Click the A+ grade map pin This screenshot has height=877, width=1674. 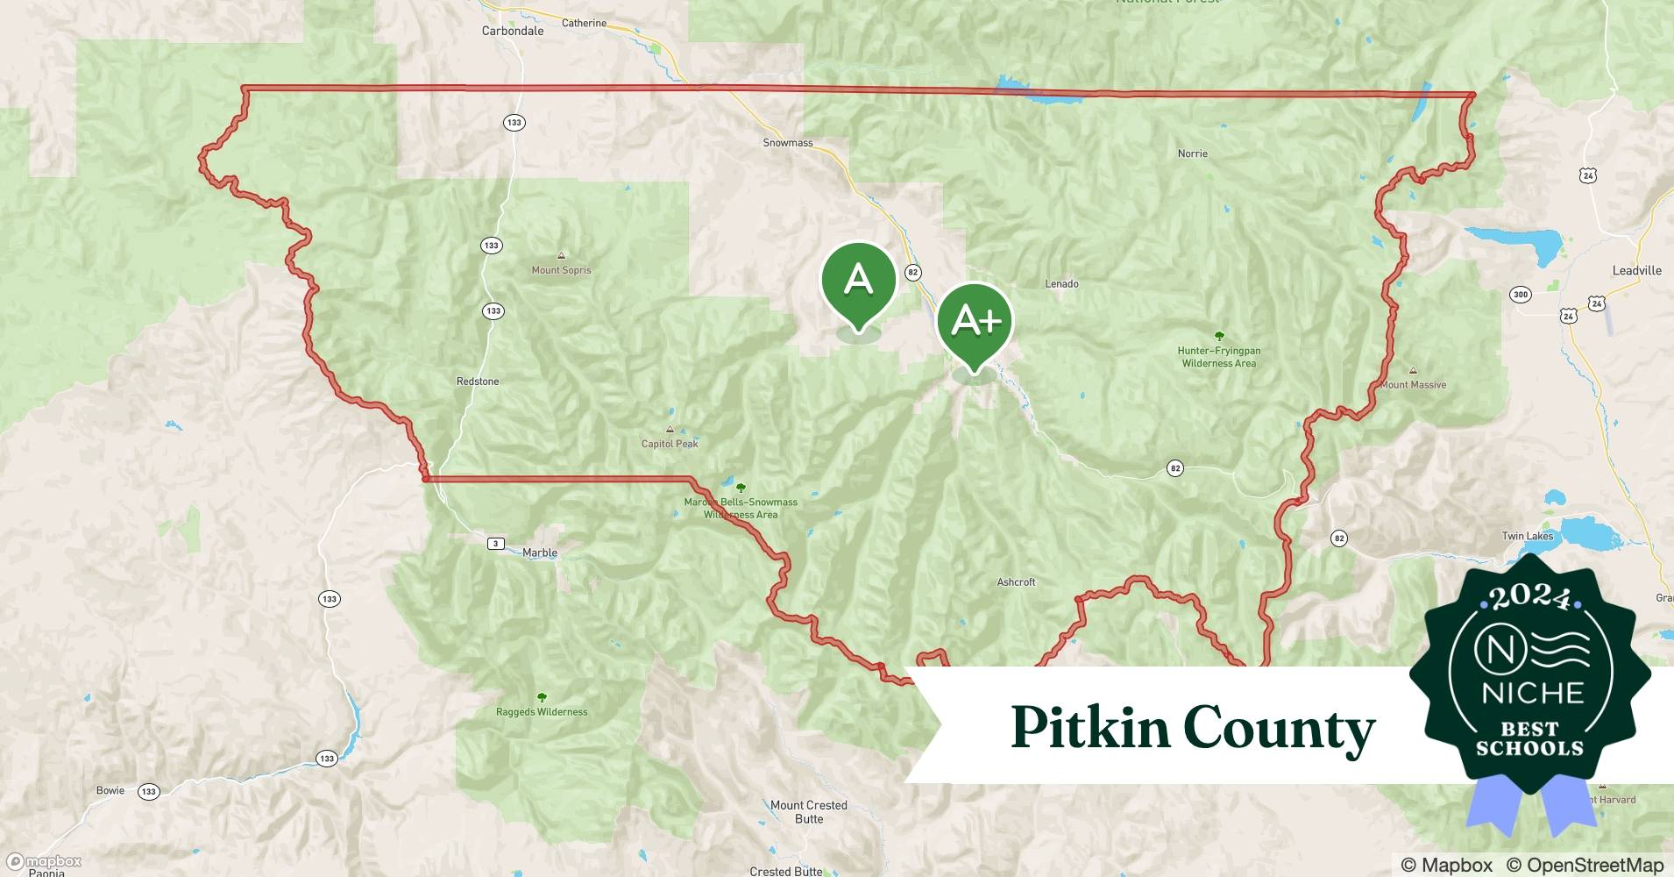point(975,321)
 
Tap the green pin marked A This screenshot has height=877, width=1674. point(858,281)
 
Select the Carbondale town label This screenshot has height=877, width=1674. point(513,31)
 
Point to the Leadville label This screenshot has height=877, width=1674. point(1636,270)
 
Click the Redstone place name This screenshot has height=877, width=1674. point(478,381)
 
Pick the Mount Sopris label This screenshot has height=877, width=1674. point(561,270)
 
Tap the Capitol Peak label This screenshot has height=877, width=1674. point(670,444)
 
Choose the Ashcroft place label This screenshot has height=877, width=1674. point(1016,582)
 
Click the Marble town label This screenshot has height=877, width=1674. point(540,553)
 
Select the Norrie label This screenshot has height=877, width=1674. point(1192,153)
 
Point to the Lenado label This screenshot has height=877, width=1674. point(1061,284)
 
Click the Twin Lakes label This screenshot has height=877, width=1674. point(1527,536)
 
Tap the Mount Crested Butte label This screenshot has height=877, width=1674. point(809,812)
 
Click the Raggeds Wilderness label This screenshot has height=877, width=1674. point(542,712)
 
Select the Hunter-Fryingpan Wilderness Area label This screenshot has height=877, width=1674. point(1219,357)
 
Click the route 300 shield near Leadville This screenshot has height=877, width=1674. point(1521,295)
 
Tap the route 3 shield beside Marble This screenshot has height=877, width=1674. point(496,544)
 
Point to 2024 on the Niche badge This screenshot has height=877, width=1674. point(1530,596)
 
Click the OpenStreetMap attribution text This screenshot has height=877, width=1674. point(1585,865)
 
